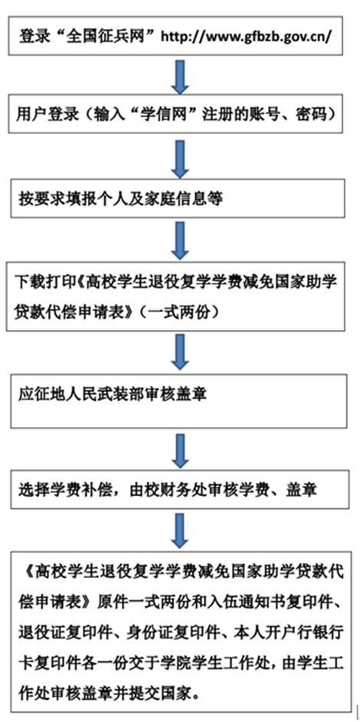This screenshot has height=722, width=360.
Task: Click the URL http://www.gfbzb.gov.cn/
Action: (x=245, y=36)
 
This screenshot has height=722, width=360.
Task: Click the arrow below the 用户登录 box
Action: (x=180, y=159)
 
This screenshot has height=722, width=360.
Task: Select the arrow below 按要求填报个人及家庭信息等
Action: (x=180, y=239)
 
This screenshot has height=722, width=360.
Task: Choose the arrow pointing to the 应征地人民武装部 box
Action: (x=180, y=351)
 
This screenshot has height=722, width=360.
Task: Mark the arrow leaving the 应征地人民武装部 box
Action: (x=180, y=450)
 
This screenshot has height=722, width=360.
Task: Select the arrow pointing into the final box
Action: (x=180, y=529)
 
